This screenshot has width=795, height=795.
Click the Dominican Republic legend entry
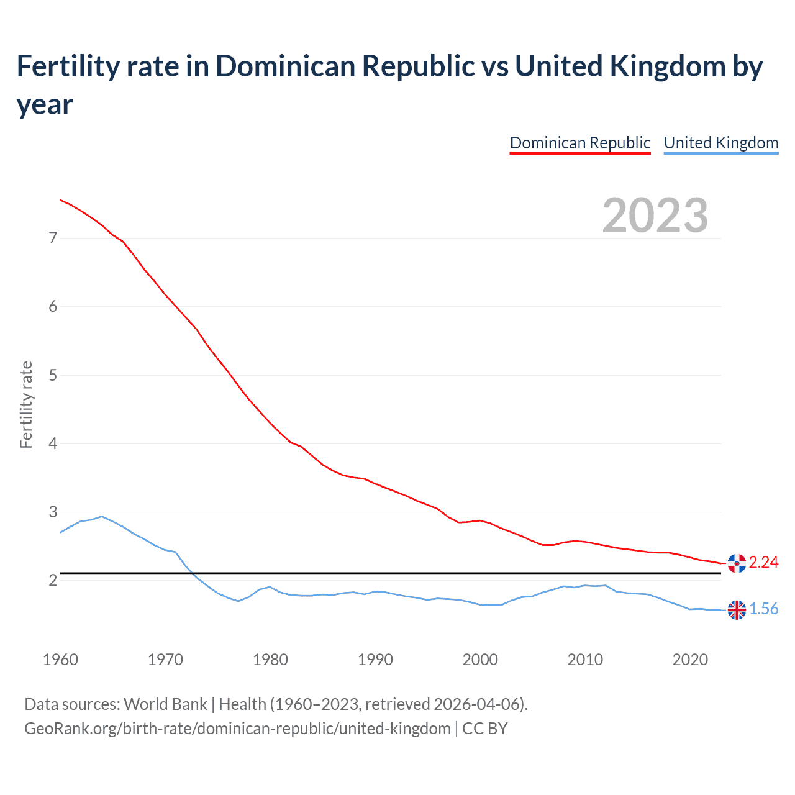[579, 143]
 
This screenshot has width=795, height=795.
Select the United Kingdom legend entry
[720, 143]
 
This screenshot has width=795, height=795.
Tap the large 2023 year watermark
[655, 216]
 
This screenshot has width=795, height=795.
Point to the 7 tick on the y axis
[53, 238]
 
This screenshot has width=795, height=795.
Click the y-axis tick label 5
[53, 375]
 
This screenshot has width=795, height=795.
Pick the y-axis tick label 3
[53, 512]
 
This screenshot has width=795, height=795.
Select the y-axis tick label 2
[53, 581]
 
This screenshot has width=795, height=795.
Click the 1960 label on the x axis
[60, 660]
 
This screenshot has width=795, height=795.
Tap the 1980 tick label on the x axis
[270, 660]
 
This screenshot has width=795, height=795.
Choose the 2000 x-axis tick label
[480, 660]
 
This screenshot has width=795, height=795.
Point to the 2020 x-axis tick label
[690, 660]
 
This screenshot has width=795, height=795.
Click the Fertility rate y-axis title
[26, 405]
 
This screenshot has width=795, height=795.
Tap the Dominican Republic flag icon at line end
[737, 563]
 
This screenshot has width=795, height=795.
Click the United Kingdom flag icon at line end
[737, 610]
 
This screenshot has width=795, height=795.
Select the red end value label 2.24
[763, 562]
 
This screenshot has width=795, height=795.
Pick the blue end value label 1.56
[763, 609]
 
